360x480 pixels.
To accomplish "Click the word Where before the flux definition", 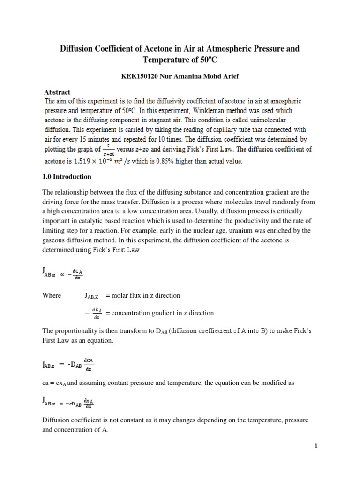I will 52,295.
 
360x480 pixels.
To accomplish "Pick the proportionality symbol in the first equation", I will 62,275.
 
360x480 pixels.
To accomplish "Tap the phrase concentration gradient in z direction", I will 163,313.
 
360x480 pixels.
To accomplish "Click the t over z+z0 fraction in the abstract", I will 109,150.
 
